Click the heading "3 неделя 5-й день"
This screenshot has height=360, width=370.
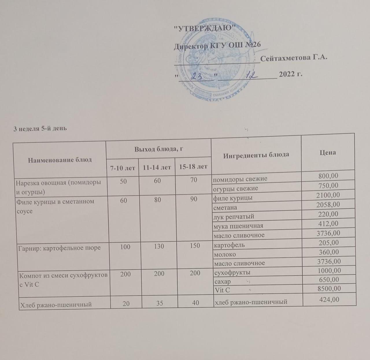(x=40, y=128)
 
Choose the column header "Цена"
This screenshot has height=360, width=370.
(x=328, y=152)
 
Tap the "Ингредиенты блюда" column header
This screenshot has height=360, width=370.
(x=256, y=155)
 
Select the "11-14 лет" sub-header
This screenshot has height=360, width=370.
(x=157, y=167)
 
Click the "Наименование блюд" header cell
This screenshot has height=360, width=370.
(x=60, y=160)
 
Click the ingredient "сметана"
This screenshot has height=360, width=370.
(x=225, y=207)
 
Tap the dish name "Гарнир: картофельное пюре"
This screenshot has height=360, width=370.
(x=58, y=248)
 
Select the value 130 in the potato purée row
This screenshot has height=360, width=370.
(x=159, y=246)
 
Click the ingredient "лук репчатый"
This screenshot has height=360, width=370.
(x=234, y=217)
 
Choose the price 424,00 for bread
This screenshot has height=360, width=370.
(x=329, y=300)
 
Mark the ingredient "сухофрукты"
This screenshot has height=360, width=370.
(x=232, y=272)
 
